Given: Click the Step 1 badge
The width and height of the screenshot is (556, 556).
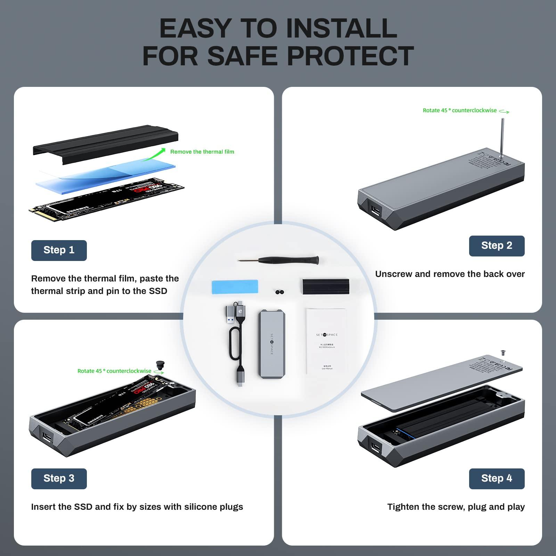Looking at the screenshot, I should (x=59, y=250).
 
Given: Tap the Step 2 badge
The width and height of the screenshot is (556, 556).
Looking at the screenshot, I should (x=497, y=246).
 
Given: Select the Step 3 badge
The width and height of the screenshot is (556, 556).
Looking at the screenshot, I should (x=59, y=479).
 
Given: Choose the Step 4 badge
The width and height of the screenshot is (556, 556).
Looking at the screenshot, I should (x=497, y=479).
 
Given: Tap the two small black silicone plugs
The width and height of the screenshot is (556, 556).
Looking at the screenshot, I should (x=280, y=292).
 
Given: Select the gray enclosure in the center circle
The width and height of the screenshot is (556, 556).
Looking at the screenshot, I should (x=271, y=342).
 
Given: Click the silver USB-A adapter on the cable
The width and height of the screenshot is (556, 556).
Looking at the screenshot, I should (x=231, y=316).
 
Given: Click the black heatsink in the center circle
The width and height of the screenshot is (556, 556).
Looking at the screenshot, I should (x=325, y=286).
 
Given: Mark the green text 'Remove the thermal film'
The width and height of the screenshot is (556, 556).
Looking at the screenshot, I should (x=202, y=152).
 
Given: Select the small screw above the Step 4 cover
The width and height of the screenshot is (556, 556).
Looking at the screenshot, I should (x=502, y=352).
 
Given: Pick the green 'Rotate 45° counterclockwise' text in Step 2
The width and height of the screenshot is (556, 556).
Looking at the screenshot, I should (x=459, y=111).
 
